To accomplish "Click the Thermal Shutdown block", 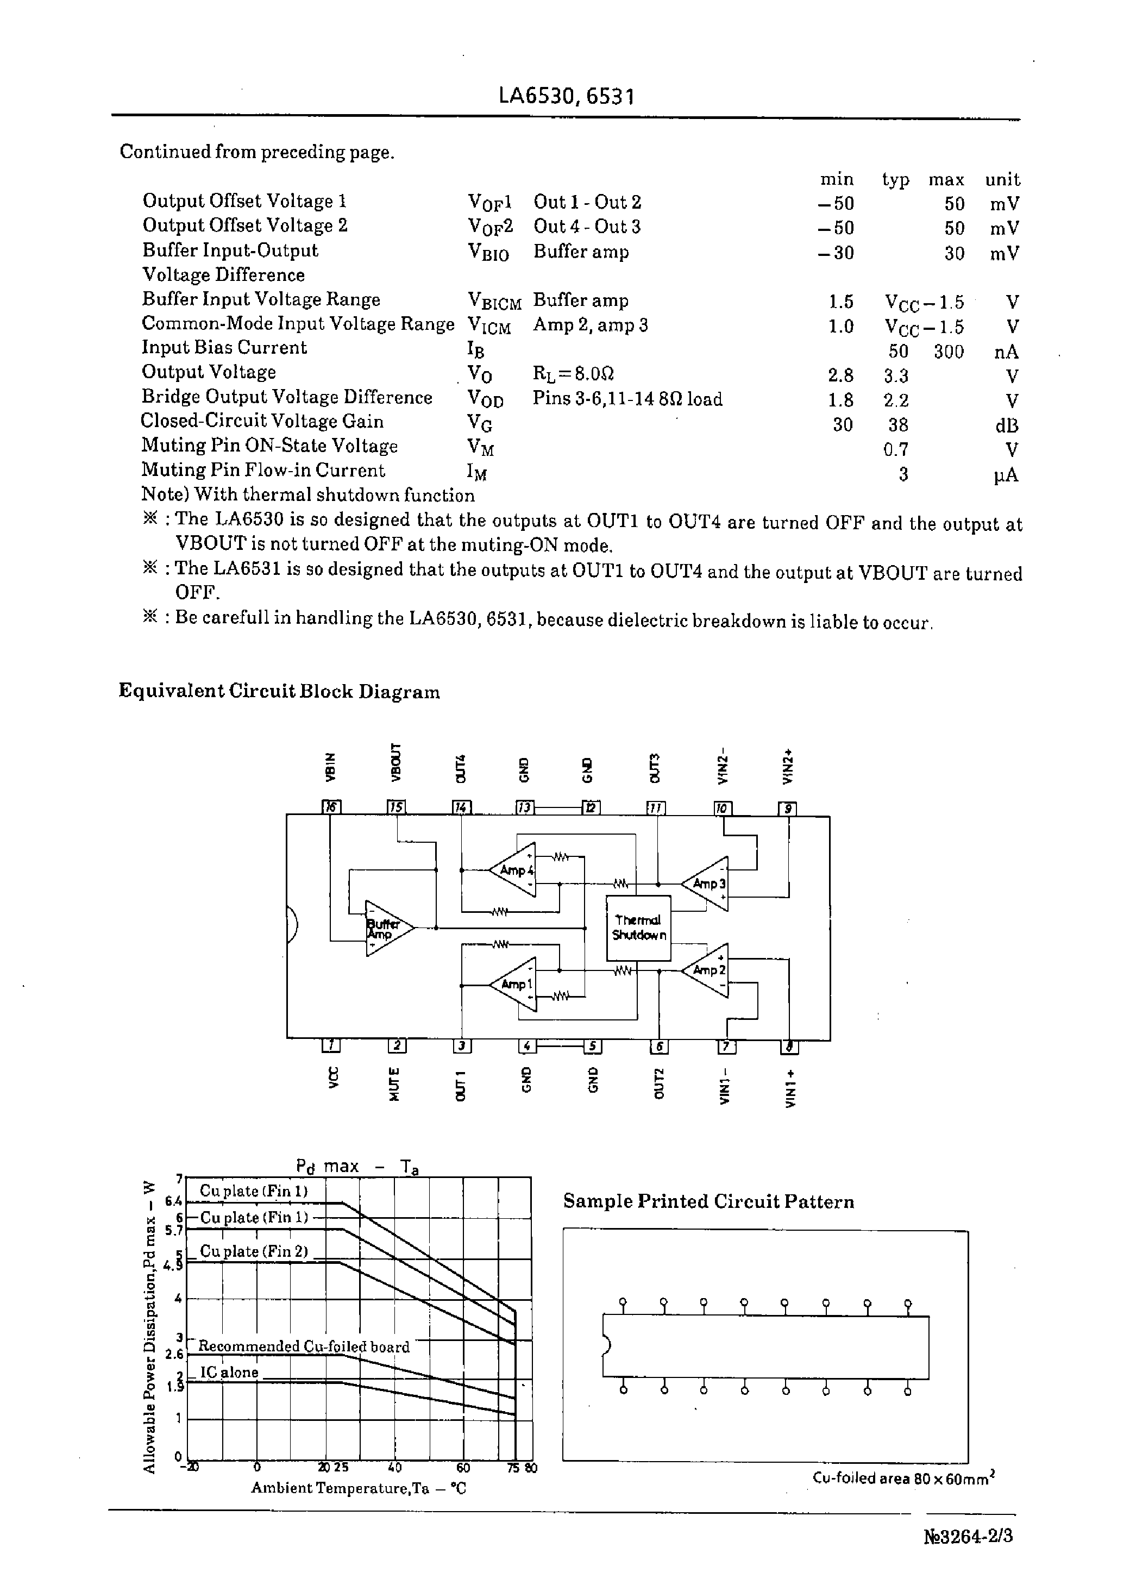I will (x=638, y=928).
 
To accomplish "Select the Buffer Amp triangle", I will (x=386, y=928).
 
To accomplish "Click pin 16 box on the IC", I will (x=331, y=807).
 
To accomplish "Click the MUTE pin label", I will (x=394, y=1085).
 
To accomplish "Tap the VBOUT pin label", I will (x=397, y=762).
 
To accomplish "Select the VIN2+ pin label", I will (x=788, y=766).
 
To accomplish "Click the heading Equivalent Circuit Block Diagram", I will (x=279, y=691).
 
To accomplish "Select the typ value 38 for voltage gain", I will (x=897, y=425).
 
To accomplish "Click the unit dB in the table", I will (x=1006, y=425).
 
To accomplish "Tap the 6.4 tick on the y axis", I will (x=173, y=1201).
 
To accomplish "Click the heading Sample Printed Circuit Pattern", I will (x=708, y=1201).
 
